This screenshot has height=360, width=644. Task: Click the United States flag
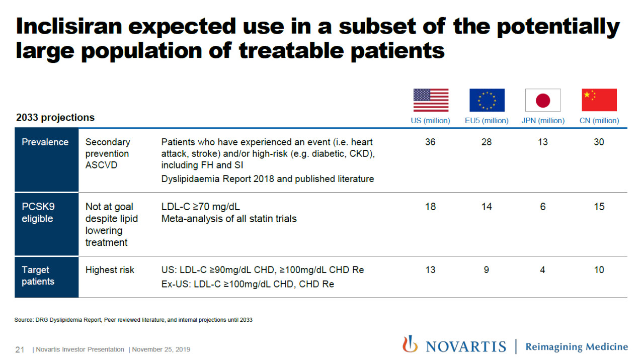click(x=431, y=100)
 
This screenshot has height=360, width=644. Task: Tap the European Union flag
click(x=487, y=100)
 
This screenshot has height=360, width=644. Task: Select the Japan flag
click(x=543, y=100)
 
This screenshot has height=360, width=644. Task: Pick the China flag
click(x=599, y=100)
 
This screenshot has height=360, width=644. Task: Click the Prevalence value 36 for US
click(x=430, y=142)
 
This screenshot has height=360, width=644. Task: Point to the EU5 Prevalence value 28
click(x=487, y=142)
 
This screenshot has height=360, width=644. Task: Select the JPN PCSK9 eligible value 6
click(x=543, y=207)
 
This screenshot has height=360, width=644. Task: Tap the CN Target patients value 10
click(x=599, y=270)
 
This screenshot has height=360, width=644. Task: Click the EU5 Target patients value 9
click(x=487, y=270)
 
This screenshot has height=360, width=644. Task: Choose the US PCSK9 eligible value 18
click(x=430, y=207)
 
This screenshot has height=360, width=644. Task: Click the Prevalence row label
click(x=45, y=142)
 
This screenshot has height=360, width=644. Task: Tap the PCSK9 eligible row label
click(x=38, y=213)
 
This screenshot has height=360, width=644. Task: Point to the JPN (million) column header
click(x=543, y=121)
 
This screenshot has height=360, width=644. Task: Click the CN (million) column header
click(x=599, y=121)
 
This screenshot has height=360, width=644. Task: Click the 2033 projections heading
click(x=55, y=118)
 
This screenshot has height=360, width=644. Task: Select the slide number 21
click(x=20, y=349)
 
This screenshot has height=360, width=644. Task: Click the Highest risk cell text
click(x=110, y=270)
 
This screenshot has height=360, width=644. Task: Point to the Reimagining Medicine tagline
click(x=577, y=347)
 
